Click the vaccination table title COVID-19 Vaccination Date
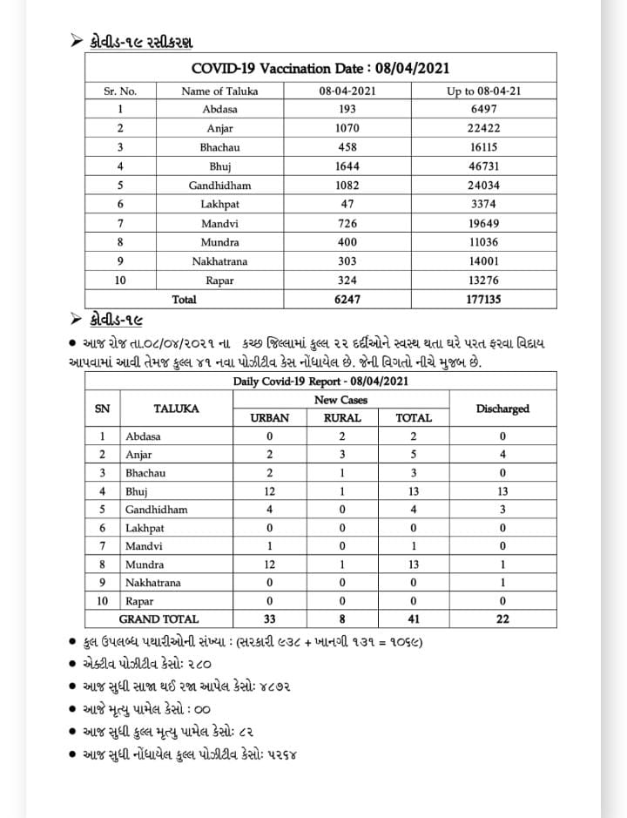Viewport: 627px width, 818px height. click(320, 68)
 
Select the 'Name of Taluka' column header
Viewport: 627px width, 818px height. click(219, 91)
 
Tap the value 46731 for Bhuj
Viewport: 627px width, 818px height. click(483, 166)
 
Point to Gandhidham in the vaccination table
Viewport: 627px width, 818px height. click(219, 186)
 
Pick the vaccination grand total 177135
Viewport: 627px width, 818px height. click(483, 299)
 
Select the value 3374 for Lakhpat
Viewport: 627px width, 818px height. click(483, 205)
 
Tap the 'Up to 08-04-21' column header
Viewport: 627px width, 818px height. click(483, 91)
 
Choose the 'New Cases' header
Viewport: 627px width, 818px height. click(340, 400)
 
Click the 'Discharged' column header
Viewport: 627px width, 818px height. click(502, 409)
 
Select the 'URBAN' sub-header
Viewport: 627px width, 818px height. click(269, 418)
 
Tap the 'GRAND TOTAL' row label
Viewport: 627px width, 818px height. click(158, 619)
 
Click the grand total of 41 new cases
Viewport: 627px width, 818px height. click(414, 619)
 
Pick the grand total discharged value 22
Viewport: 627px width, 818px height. click(502, 619)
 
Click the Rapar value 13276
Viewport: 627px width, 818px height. click(483, 280)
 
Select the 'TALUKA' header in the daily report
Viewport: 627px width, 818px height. click(176, 409)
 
